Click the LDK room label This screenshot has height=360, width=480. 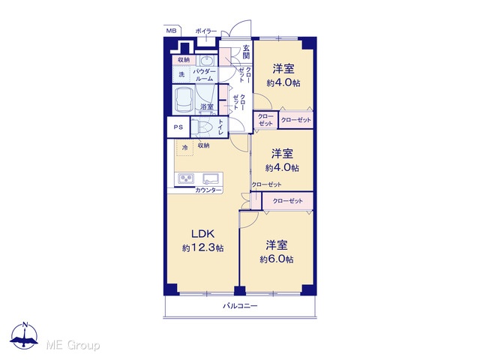[x=202, y=234]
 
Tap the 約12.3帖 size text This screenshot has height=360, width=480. [x=202, y=247]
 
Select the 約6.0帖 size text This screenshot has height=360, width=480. [x=277, y=259]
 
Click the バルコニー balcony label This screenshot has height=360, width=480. [x=240, y=306]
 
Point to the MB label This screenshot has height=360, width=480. [x=171, y=31]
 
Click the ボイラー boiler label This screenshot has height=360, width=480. [x=206, y=31]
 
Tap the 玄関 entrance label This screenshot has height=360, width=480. [x=246, y=52]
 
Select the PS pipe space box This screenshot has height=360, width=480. [x=178, y=127]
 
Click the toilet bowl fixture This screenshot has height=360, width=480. [x=203, y=127]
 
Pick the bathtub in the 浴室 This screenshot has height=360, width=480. [x=183, y=100]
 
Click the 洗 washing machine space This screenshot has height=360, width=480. [x=181, y=74]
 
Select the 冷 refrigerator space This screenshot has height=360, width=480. [x=184, y=148]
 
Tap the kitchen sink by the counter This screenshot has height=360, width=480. [x=211, y=178]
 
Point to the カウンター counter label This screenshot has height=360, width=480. [x=208, y=190]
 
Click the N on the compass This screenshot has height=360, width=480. [x=25, y=325]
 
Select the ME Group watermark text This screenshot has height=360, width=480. [x=73, y=346]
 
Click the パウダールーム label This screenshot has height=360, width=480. [x=204, y=75]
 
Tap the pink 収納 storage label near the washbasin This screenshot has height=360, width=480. [x=184, y=60]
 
